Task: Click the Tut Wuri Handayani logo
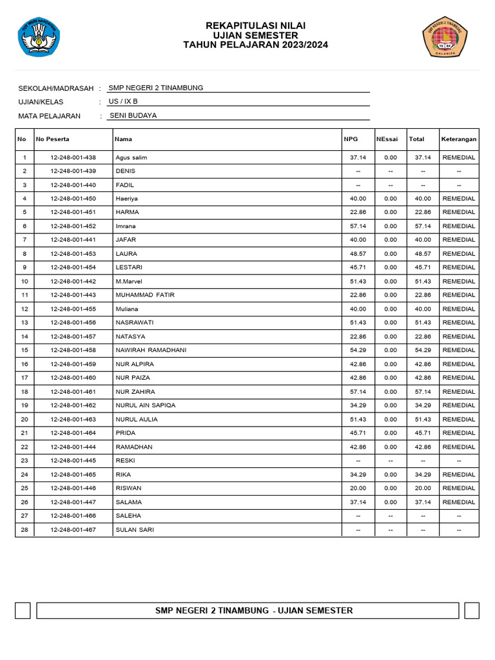click(39, 37)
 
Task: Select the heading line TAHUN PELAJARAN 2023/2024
click(255, 45)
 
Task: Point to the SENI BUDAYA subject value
click(133, 116)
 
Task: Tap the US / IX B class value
click(123, 102)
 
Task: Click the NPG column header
click(351, 139)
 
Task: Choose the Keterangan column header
click(459, 139)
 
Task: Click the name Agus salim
click(131, 157)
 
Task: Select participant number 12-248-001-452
click(73, 226)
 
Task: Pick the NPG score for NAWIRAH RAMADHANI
click(358, 350)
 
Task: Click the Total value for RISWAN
click(423, 488)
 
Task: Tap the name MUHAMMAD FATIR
click(145, 295)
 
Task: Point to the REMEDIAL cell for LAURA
click(459, 254)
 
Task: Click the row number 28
click(24, 530)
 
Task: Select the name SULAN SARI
click(135, 530)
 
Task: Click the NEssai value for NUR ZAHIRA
click(391, 392)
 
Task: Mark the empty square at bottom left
click(23, 610)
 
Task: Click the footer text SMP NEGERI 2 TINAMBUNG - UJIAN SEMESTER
click(254, 610)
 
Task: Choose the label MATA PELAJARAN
click(50, 116)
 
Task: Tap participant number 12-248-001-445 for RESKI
click(73, 461)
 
